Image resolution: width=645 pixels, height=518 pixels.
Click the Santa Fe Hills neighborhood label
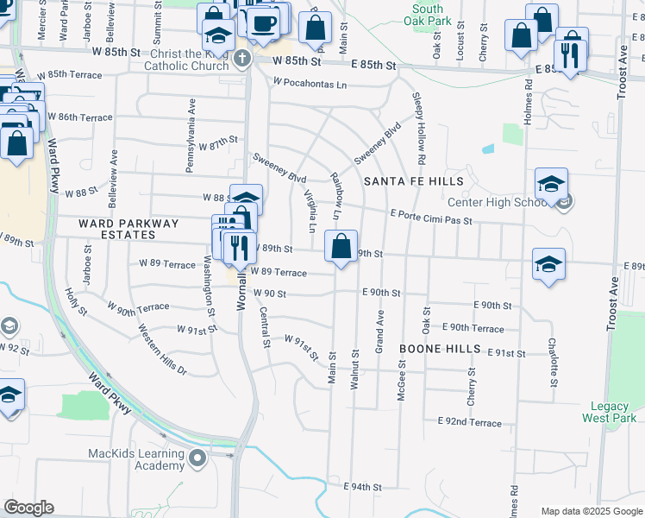pos(414,180)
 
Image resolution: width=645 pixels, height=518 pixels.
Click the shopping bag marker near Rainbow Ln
pos(341,246)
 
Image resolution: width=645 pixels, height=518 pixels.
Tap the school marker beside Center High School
pos(551,185)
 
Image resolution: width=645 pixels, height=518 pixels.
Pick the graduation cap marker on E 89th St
pos(548,265)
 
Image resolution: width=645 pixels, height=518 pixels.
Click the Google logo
pos(28,508)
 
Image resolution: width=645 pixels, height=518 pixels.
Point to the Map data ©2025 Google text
pos(591,511)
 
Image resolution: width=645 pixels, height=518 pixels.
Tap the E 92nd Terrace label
pos(469,422)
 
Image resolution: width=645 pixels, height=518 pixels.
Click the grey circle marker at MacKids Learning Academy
pos(198,458)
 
